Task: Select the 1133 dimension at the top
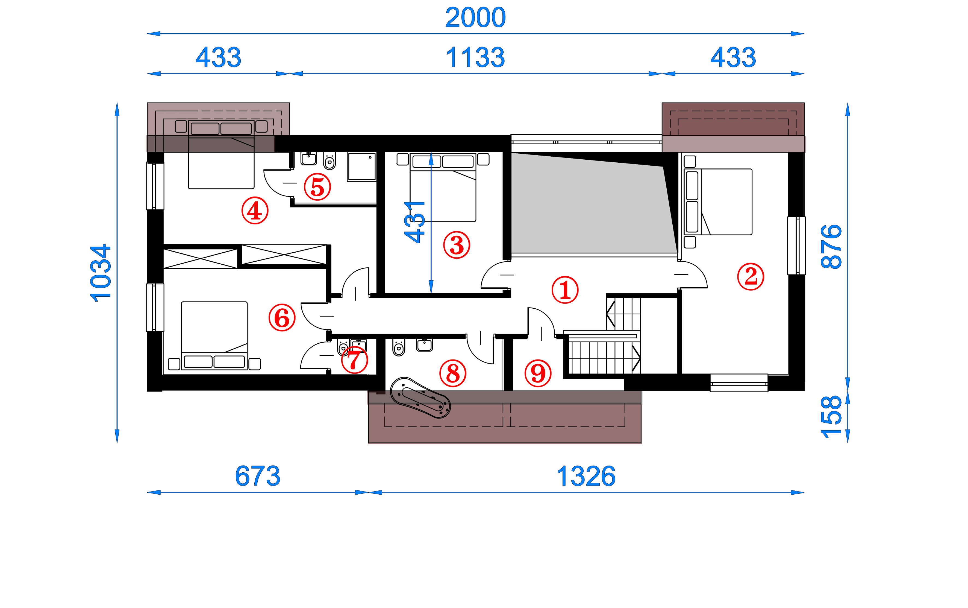[475, 57]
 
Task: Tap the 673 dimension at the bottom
[258, 476]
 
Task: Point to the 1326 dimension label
[586, 476]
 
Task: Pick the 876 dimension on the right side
[831, 247]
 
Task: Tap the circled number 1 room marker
[565, 290]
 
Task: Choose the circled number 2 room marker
[751, 276]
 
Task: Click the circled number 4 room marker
[255, 210]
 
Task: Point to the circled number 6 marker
[282, 317]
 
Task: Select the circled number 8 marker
[453, 373]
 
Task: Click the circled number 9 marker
[538, 373]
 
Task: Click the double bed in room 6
[214, 335]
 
